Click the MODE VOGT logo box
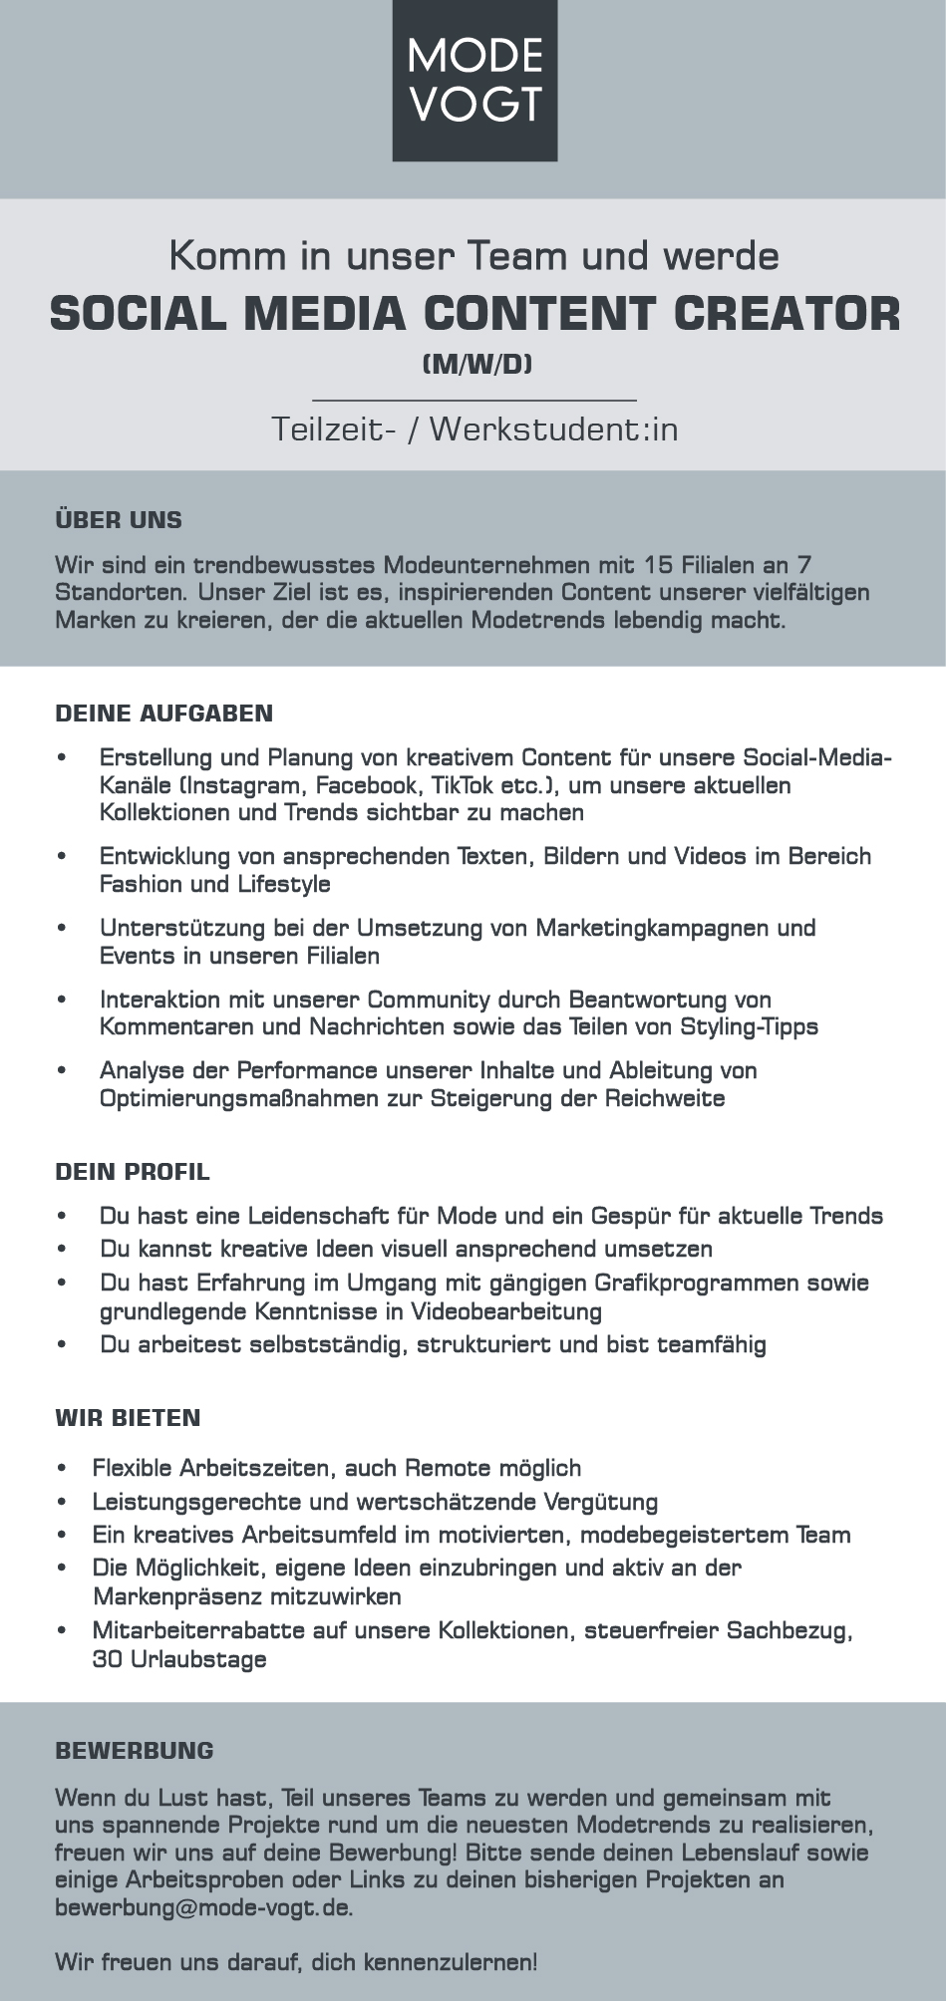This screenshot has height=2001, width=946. (474, 80)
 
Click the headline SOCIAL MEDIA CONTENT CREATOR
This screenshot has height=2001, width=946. (474, 313)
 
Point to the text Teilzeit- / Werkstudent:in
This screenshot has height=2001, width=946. (474, 429)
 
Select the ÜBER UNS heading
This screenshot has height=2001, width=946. (119, 520)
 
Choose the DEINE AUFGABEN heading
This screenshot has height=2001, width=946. (164, 714)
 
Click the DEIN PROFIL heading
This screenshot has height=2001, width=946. (133, 1172)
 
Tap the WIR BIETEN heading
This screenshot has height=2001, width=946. (129, 1418)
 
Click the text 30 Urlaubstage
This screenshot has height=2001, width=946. (179, 1659)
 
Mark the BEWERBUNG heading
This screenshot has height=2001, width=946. (135, 1751)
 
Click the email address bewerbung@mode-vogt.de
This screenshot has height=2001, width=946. (203, 1908)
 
